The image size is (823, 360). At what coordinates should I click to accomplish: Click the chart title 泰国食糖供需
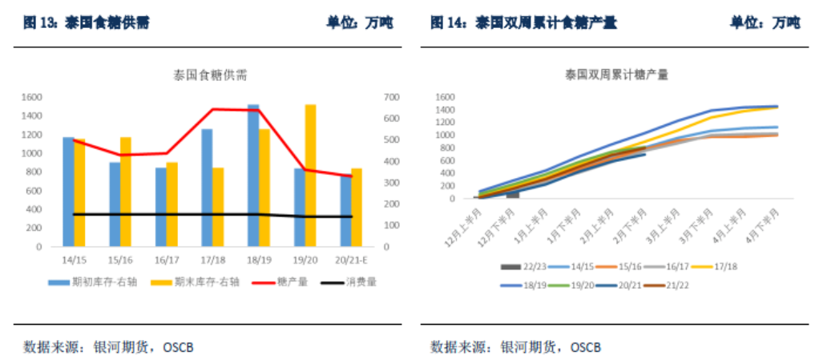211,75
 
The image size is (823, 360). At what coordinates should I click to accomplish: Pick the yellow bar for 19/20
310,175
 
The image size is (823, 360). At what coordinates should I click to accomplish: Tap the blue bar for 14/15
68,192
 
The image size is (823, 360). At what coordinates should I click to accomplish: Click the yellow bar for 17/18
218,207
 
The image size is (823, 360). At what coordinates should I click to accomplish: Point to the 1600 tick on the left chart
31,97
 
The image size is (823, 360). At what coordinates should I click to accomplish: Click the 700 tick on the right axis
391,97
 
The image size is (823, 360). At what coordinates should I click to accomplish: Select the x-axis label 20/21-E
350,260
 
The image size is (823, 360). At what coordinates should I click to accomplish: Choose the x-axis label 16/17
166,260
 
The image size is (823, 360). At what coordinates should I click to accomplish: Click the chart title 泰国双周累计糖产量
616,75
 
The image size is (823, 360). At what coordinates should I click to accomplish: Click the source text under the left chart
109,347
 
